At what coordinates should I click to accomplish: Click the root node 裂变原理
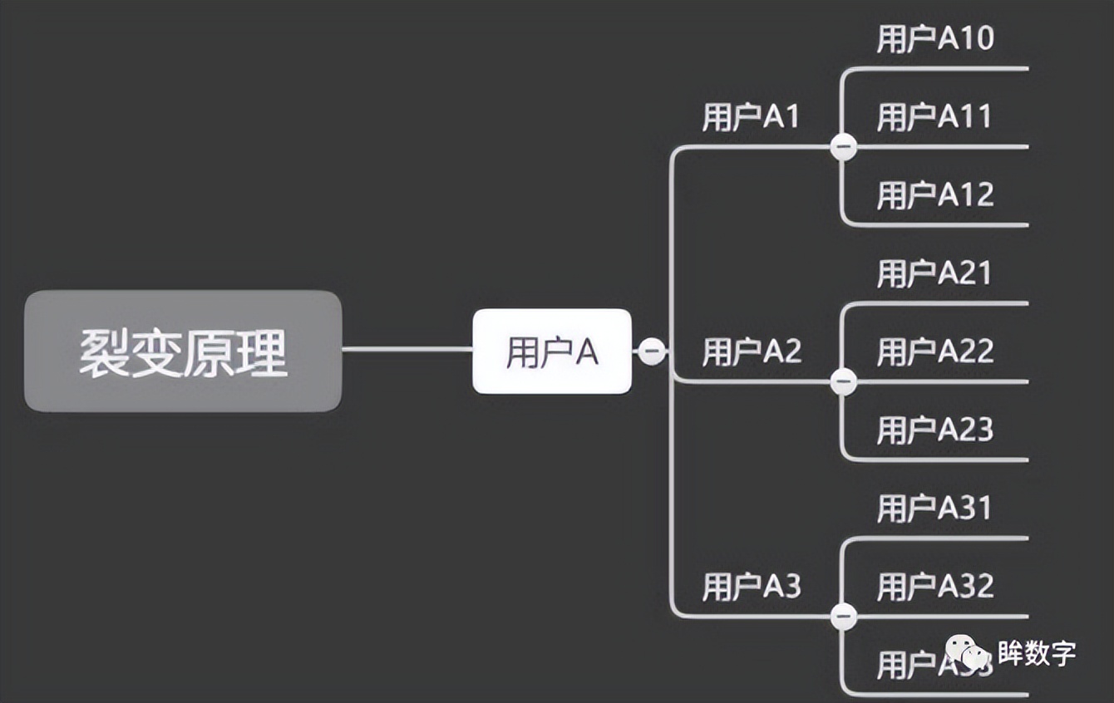pos(183,351)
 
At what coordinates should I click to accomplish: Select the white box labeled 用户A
pos(552,351)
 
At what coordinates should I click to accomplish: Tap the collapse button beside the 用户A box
pos(651,351)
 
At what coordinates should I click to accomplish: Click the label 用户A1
pos(751,117)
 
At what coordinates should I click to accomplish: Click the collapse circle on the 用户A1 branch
pos(843,147)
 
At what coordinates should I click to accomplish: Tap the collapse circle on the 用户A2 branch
pos(843,381)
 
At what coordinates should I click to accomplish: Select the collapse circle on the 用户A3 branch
pos(843,617)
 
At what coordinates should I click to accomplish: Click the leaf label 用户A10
pos(935,39)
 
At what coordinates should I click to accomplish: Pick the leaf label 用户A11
pos(935,117)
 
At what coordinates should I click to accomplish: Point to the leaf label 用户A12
pos(935,195)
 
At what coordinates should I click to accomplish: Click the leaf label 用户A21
pos(935,273)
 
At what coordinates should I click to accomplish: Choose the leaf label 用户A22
pos(935,351)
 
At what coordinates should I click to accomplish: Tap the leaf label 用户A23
pos(935,430)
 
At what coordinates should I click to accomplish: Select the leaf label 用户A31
pos(935,508)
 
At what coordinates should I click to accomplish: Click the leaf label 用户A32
pos(935,587)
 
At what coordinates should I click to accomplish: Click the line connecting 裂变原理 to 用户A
pos(407,349)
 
